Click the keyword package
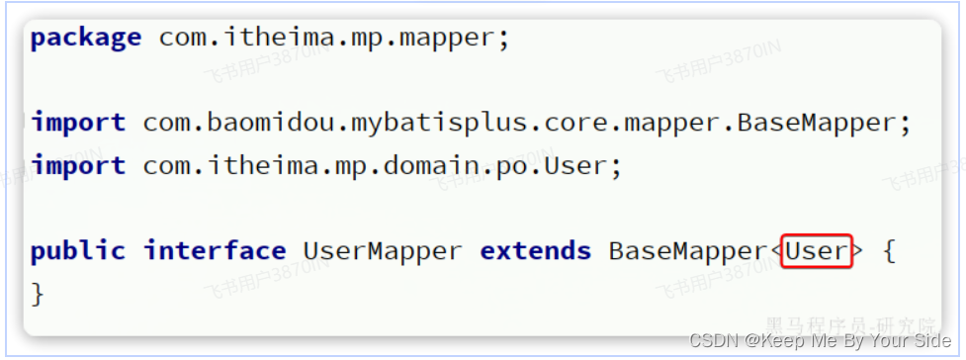point(86,39)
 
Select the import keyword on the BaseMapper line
point(78,123)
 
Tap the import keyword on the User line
point(78,165)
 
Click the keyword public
point(78,251)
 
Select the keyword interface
point(215,251)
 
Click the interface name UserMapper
point(382,251)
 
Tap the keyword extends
point(535,251)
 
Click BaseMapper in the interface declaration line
point(686,251)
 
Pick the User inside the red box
point(818,251)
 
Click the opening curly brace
point(889,251)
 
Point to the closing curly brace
point(39,294)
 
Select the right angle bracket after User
point(858,251)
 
